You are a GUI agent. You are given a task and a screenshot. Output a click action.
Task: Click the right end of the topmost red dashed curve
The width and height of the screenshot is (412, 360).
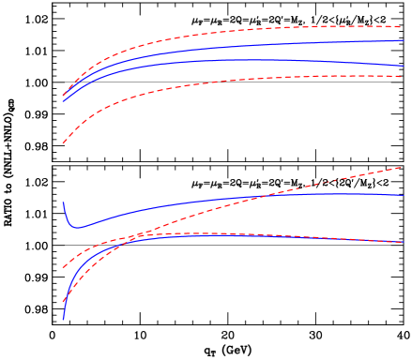click(x=402, y=26)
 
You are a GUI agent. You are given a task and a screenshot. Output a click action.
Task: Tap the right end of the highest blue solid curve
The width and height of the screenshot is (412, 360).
click(x=404, y=40)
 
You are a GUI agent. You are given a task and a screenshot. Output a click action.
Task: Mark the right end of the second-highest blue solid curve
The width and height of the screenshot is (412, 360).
click(x=404, y=66)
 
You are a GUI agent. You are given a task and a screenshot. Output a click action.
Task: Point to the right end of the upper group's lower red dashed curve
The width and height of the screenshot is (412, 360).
click(x=402, y=77)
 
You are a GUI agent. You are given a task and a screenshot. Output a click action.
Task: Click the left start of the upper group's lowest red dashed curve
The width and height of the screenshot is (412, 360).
click(x=63, y=142)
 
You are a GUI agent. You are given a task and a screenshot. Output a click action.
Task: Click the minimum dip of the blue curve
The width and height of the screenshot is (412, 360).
click(x=78, y=227)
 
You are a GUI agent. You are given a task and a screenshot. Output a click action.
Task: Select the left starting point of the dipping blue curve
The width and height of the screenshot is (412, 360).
click(x=63, y=202)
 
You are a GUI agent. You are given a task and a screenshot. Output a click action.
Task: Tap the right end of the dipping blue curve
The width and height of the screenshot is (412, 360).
click(x=404, y=196)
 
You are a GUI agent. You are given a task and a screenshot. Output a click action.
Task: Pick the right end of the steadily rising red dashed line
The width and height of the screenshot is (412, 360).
click(x=402, y=168)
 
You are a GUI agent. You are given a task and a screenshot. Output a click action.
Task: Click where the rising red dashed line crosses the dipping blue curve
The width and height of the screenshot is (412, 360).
click(x=266, y=195)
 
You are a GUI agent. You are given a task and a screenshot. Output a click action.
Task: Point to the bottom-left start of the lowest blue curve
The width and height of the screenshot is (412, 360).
click(x=63, y=319)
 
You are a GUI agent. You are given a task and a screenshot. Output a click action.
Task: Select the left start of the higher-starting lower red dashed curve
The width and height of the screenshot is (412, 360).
click(x=63, y=267)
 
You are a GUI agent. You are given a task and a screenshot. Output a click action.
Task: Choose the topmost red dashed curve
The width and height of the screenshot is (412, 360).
click(x=235, y=31)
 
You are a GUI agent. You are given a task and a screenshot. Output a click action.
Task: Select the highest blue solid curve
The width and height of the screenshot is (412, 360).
click(x=235, y=46)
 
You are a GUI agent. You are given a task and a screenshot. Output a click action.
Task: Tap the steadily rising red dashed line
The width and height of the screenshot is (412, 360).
click(x=328, y=181)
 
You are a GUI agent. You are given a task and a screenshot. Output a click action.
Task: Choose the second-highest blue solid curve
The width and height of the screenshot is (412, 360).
click(x=235, y=60)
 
